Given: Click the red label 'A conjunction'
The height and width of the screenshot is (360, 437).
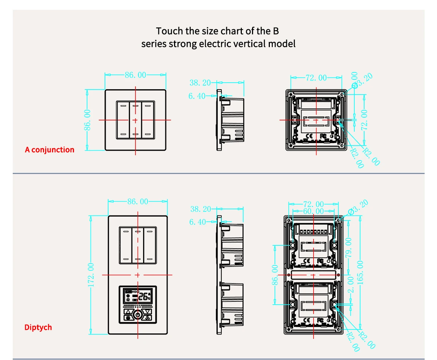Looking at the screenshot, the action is coord(50,150).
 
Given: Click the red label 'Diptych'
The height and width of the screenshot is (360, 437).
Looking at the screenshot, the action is coord(38,327).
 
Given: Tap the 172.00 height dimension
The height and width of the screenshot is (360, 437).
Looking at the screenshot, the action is coord(91,275).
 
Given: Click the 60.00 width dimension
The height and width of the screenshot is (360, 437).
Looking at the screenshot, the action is coord(313,211).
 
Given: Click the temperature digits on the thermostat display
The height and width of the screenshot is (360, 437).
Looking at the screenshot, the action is coord(144,296).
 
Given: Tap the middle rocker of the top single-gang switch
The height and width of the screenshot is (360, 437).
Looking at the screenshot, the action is coord(135,120).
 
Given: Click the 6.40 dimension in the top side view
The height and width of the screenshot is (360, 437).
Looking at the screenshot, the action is coord(197,96).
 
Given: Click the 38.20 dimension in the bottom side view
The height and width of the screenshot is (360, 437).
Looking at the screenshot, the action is coord(201,209).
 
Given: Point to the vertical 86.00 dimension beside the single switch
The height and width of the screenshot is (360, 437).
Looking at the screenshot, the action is coord(87,120).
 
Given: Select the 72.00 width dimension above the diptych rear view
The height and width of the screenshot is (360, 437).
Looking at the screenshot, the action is coord(313,204).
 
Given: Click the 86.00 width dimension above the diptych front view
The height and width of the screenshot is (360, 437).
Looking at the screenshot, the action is coord(138,201).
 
